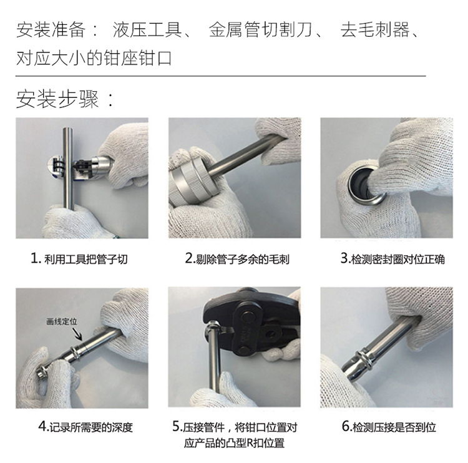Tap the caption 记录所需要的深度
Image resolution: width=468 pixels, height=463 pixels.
[85, 427]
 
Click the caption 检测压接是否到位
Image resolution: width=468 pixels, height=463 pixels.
[388, 427]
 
